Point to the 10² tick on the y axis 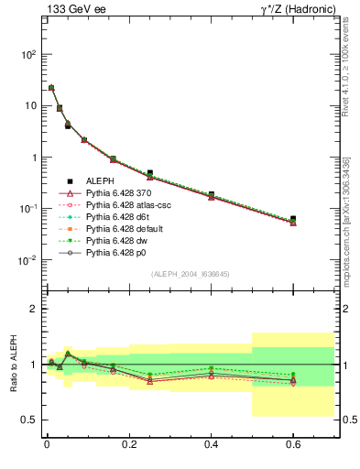pyautogui.click(x=27, y=55)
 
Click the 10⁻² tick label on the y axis pyautogui.click(x=27, y=260)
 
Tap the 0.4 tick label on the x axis pyautogui.click(x=213, y=446)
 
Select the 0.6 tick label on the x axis pyautogui.click(x=293, y=446)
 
